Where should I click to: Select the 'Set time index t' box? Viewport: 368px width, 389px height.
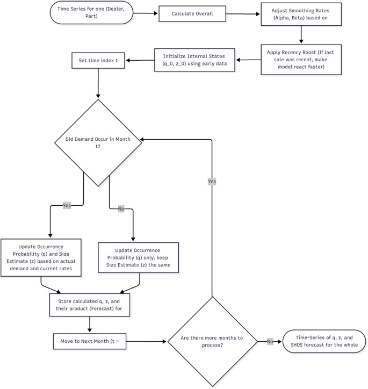98,60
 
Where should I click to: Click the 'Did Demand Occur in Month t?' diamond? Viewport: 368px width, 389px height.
97,142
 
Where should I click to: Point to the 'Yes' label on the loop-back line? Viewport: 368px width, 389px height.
212,182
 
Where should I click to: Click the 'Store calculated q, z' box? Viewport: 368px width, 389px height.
90,305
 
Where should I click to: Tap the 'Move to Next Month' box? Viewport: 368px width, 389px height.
90,341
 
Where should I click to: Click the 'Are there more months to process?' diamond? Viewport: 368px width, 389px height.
212,341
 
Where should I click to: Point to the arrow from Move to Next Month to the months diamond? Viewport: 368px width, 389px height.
146,341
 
